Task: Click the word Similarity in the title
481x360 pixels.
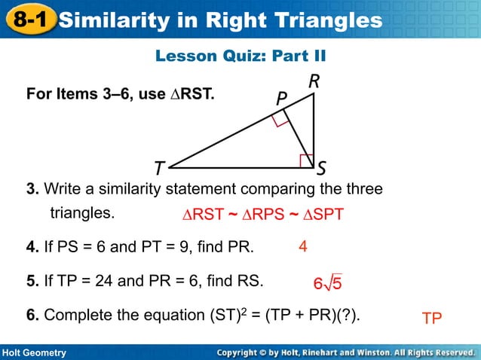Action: click(x=112, y=20)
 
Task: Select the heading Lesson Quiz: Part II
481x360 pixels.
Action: click(x=240, y=56)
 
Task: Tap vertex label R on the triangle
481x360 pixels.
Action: click(x=314, y=82)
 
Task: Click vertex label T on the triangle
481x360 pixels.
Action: click(x=159, y=168)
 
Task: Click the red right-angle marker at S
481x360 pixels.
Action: click(x=306, y=160)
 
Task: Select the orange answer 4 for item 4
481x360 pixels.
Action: click(x=302, y=246)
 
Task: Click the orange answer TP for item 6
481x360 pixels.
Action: click(x=432, y=319)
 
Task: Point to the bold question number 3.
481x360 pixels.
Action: click(x=31, y=188)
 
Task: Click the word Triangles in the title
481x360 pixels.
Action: click(x=329, y=20)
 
